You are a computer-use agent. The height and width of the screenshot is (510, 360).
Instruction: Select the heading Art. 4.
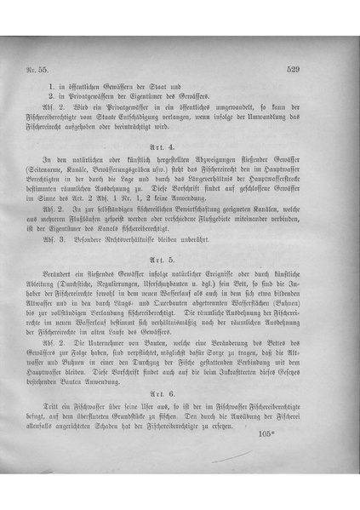click(180, 147)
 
